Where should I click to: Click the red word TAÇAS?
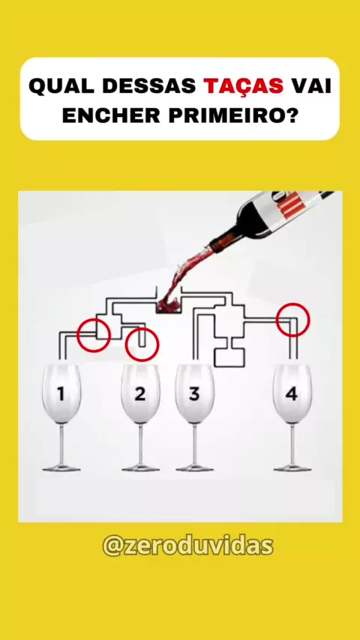pyautogui.click(x=244, y=85)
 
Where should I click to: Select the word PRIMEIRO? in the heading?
pyautogui.click(x=233, y=116)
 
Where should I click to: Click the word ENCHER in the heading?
pyautogui.click(x=111, y=116)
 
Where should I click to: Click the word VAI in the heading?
pyautogui.click(x=311, y=86)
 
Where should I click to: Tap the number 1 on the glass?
pyautogui.click(x=61, y=394)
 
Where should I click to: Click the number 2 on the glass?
pyautogui.click(x=139, y=394)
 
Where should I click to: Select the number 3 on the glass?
pyautogui.click(x=194, y=394)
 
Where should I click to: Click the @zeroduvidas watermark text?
pyautogui.click(x=187, y=546)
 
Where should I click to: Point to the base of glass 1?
pyautogui.click(x=61, y=468)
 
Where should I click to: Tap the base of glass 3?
pyautogui.click(x=194, y=468)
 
